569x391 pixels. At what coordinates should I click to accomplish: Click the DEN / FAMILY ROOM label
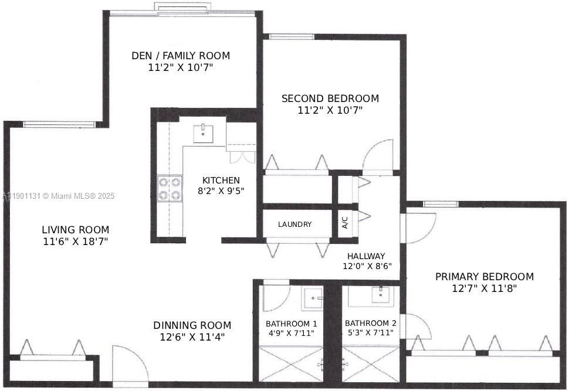click(180, 56)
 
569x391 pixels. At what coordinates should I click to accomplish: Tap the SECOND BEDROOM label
click(330, 98)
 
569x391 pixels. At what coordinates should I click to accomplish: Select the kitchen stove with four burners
click(170, 188)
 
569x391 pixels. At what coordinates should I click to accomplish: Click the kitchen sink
click(204, 133)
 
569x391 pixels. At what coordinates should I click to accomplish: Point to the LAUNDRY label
click(294, 224)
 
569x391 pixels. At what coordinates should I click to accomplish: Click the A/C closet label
click(345, 223)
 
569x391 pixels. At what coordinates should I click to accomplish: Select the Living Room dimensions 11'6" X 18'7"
click(75, 241)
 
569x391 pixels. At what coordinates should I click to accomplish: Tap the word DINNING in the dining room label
click(173, 325)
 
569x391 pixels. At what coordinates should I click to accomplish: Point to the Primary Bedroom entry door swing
click(419, 227)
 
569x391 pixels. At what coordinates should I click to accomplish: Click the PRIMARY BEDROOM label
click(485, 277)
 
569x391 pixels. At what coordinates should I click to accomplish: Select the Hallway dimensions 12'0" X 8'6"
click(367, 266)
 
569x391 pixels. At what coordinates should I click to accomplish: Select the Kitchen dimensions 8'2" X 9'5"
click(221, 191)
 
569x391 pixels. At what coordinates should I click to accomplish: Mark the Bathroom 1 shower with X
click(290, 363)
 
